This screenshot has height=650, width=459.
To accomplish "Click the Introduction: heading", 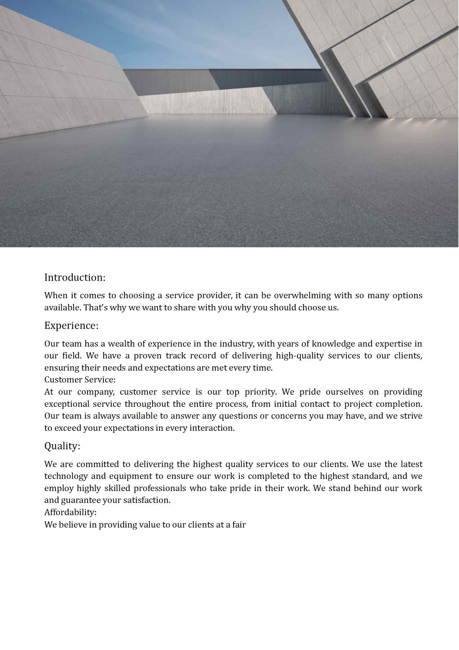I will tap(75, 277).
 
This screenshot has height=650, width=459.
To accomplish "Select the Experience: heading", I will tap(71, 325).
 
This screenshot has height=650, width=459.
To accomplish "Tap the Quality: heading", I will tap(62, 446).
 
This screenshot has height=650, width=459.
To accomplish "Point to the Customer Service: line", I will tap(80, 380).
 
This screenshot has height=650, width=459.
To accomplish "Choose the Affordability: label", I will tap(70, 512).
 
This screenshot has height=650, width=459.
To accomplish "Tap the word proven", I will tap(148, 356).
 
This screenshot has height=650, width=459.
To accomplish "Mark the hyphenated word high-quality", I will tap(300, 356).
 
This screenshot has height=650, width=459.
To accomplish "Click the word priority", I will tap(261, 392).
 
